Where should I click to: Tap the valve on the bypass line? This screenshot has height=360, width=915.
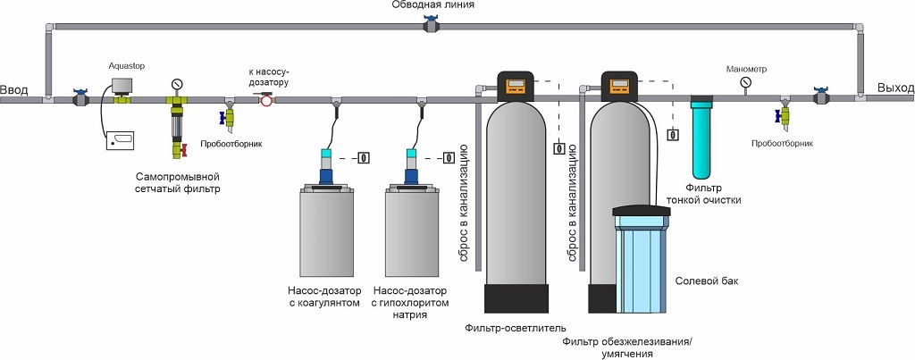coord(432,26)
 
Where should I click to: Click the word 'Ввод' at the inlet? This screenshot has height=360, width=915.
coord(14,88)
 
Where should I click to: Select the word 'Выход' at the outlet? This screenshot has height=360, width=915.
coord(894,88)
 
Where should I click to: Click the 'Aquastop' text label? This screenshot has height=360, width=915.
coord(125,65)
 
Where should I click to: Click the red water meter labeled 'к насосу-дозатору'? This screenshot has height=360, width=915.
coord(266,101)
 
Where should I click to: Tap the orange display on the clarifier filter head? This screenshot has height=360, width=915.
coord(516,87)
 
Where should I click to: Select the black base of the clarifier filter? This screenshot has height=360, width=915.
coord(513,298)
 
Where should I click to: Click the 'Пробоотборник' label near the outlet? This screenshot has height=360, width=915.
coord(783,142)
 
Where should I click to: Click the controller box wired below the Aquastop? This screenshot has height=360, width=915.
coord(120,140)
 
